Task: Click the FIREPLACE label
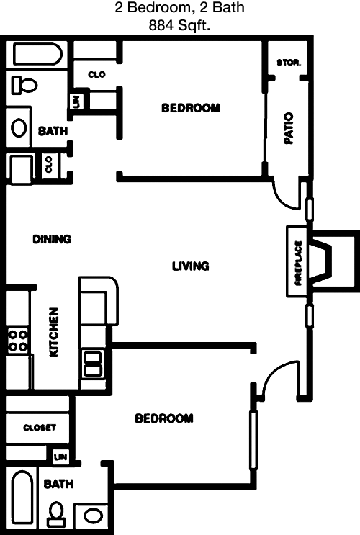tap(299, 263)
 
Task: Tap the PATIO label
tap(289, 128)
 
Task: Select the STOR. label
tap(289, 63)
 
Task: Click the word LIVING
tap(190, 266)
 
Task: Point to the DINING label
tap(52, 239)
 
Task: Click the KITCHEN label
tap(54, 333)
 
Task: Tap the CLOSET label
tap(40, 428)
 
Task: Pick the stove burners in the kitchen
tap(18, 341)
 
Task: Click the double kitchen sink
tap(93, 364)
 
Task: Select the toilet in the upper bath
tap(24, 85)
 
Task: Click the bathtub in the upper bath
tap(37, 54)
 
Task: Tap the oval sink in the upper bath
tap(19, 128)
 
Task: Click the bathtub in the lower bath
tap(22, 498)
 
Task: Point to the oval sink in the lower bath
tap(92, 516)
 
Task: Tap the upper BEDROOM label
tap(191, 108)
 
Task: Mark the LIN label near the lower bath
tap(60, 457)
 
